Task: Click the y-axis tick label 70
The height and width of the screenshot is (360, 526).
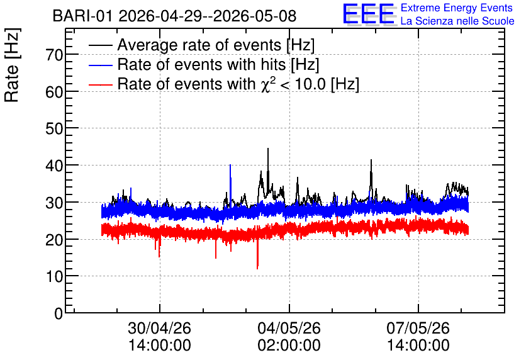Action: (54, 55)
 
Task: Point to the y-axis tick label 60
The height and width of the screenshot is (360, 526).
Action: (54, 92)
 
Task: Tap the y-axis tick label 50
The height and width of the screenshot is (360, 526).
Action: (54, 128)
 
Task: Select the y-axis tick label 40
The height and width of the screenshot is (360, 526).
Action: (54, 166)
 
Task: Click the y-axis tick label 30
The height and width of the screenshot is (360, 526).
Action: (54, 203)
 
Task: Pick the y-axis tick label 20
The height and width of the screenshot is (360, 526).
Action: (54, 240)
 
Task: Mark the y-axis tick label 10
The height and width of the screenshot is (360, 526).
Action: (54, 276)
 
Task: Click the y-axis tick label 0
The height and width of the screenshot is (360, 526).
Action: (59, 313)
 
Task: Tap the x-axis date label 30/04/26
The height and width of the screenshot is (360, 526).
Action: (160, 328)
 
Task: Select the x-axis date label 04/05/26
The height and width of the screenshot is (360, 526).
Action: (289, 328)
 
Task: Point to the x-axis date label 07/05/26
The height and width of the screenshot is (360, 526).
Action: (418, 328)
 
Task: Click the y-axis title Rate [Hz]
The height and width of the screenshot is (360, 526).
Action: (12, 65)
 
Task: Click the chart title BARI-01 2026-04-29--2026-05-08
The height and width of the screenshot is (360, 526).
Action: (174, 16)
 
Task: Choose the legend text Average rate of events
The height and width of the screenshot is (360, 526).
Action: (199, 45)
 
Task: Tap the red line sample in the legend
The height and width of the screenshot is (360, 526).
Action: (101, 84)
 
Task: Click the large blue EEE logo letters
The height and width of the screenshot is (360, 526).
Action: (369, 14)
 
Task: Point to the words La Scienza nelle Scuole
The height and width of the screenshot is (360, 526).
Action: (457, 21)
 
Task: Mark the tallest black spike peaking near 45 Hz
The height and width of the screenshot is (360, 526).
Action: (268, 149)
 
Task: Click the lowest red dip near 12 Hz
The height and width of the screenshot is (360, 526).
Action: (257, 268)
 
